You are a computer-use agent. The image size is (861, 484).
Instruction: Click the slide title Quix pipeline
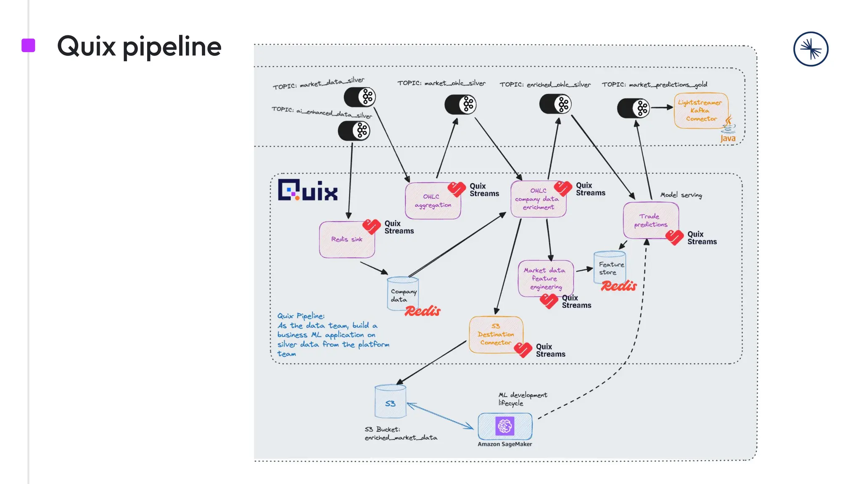pos(139,46)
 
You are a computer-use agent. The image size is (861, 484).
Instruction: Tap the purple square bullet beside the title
pos(28,45)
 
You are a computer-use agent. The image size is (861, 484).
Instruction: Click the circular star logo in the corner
pos(811,49)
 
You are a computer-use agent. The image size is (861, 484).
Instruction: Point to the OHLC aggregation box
pos(433,201)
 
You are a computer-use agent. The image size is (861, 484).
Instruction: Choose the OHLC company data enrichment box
pos(538,199)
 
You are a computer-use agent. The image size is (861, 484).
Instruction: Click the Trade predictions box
pos(650,221)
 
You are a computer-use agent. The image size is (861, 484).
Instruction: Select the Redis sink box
pos(346,239)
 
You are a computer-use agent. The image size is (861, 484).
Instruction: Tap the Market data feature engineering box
pos(545,279)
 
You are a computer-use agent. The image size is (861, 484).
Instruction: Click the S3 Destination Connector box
pos(496,334)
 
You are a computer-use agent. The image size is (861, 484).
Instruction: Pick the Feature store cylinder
pos(610,268)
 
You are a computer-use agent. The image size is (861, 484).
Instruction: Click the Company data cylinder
pos(402,294)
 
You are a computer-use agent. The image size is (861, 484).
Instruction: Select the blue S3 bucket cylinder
pos(390,402)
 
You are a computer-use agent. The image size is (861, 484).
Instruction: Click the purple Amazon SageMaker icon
pos(504,426)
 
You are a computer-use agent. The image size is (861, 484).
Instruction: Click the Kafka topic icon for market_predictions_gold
pos(633,108)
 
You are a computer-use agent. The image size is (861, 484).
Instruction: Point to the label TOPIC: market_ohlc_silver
pos(441,83)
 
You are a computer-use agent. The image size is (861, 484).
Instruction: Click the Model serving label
pos(681,195)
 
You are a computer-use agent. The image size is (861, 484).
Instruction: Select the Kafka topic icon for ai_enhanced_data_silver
pos(354,131)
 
